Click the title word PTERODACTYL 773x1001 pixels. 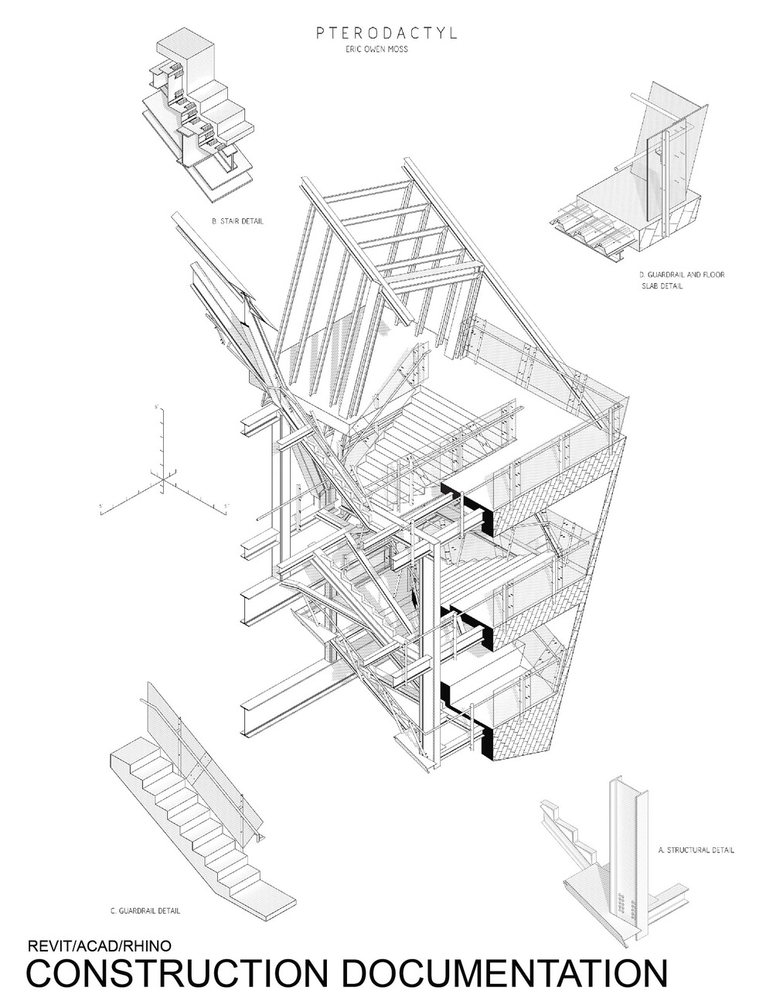(x=386, y=34)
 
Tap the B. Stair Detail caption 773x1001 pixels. (x=237, y=221)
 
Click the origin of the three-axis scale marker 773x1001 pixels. (x=163, y=482)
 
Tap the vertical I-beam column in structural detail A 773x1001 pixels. (x=622, y=835)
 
